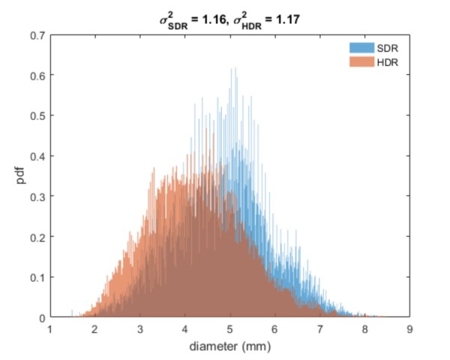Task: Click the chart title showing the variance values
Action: point(229,19)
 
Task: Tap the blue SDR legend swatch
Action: point(361,48)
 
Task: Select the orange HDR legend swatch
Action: point(361,61)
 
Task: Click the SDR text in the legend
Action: point(385,48)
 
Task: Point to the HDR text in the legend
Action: point(385,61)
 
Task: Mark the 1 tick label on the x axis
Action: point(49,328)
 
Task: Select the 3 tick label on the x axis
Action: point(139,328)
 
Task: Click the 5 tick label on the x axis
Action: point(229,328)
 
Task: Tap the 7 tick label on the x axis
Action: point(319,328)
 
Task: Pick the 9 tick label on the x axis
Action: point(408,328)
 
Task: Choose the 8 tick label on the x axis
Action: point(364,328)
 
